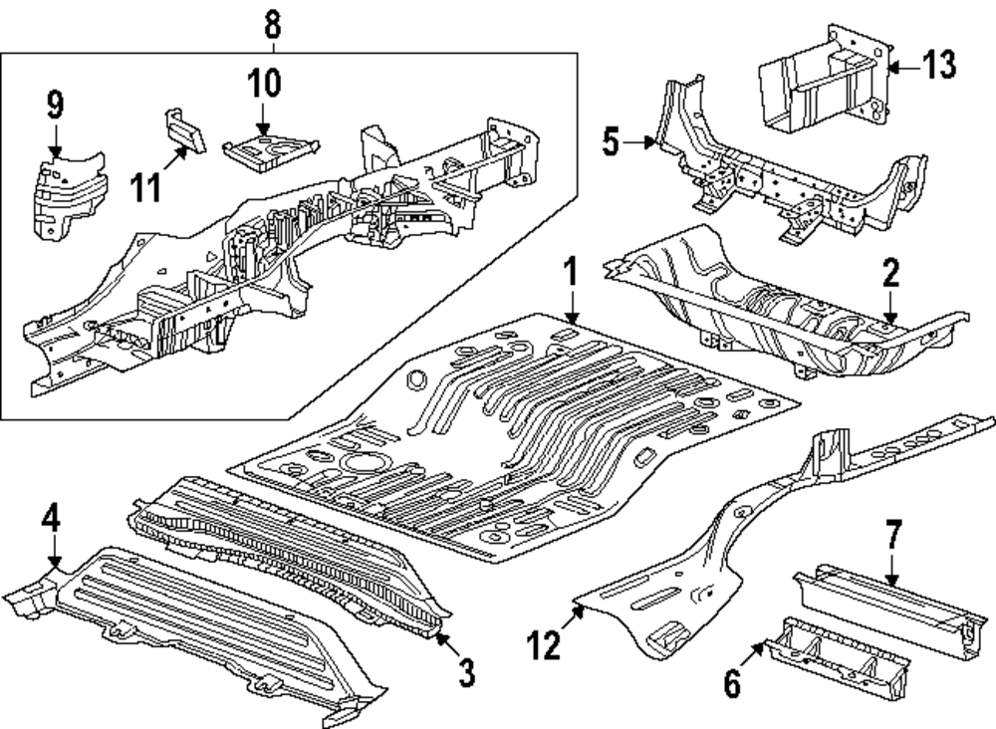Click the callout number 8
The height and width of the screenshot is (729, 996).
(x=272, y=26)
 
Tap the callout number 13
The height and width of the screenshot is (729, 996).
(x=939, y=66)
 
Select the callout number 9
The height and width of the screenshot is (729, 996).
(x=55, y=105)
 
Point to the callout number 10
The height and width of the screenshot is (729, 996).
(x=264, y=84)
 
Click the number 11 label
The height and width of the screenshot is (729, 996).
(x=146, y=188)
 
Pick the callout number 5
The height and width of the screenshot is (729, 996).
(x=611, y=141)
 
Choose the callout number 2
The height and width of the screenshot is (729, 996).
(x=891, y=273)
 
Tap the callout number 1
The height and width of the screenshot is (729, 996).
(x=572, y=271)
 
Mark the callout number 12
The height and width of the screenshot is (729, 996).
(x=544, y=645)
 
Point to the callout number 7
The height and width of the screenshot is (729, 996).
(x=893, y=535)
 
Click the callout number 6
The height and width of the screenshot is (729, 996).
(x=732, y=684)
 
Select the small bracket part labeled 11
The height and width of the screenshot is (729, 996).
(x=185, y=131)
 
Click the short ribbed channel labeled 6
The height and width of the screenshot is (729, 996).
(x=837, y=660)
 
